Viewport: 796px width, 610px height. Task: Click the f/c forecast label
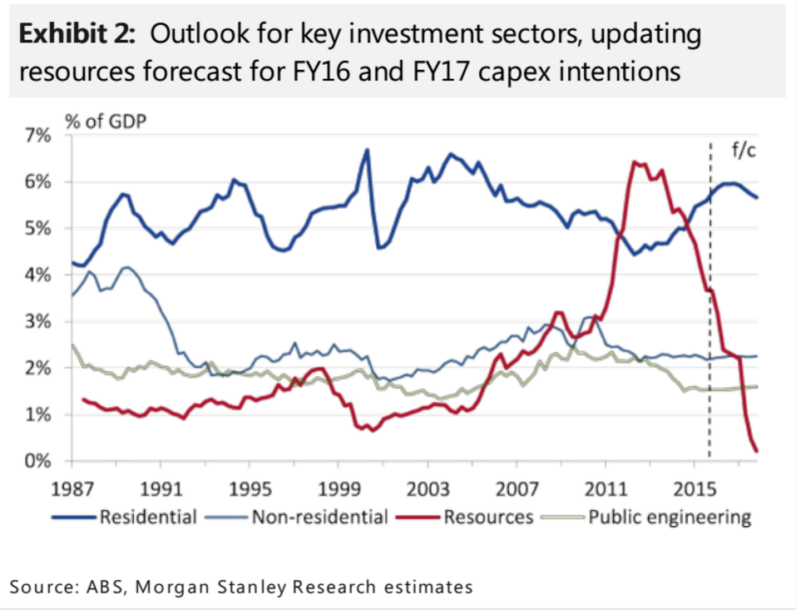[744, 151]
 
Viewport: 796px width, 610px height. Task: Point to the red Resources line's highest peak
[635, 162]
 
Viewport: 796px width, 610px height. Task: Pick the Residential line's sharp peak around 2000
[366, 150]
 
